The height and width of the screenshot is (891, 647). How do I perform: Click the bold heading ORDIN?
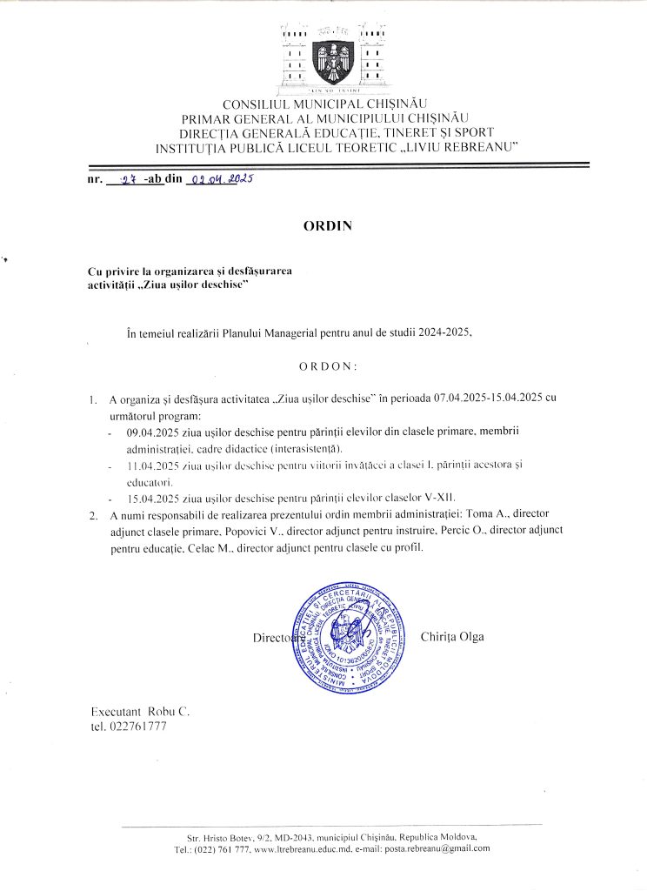[x=327, y=225]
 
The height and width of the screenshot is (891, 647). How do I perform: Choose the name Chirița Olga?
[x=452, y=637]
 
